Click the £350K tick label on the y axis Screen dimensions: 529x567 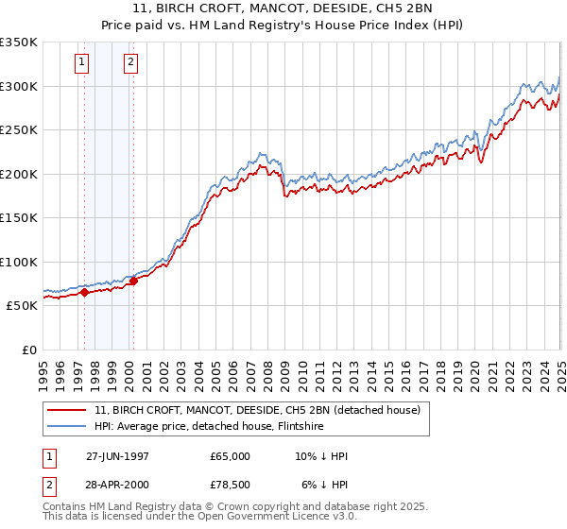19,43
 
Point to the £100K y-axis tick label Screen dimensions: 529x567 19,262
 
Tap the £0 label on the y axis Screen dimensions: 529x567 29,350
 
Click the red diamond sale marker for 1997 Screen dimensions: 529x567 84,293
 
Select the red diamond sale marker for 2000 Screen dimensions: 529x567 133,281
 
